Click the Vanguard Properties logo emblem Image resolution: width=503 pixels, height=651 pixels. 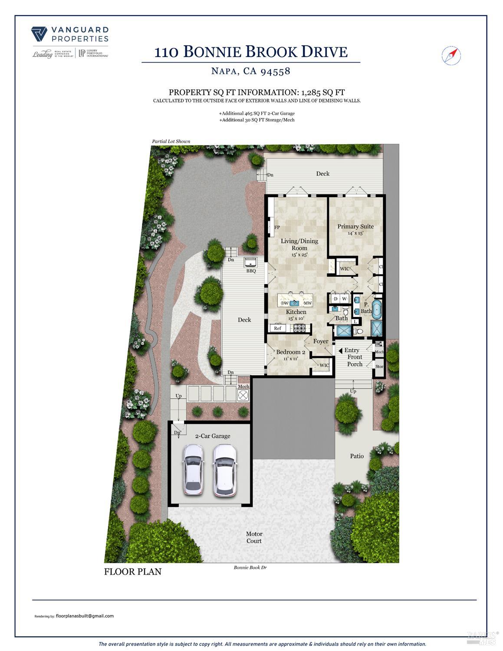39,34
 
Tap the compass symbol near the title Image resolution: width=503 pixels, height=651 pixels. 451,55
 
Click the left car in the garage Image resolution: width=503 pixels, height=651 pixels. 194,469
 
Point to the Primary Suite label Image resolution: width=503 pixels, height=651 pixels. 355,226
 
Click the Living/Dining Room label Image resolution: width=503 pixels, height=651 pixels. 299,245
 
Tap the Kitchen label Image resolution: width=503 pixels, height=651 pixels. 296,312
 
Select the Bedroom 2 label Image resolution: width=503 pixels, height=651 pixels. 291,352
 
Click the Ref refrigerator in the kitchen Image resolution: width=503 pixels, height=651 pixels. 278,328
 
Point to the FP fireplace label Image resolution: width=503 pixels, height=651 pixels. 276,227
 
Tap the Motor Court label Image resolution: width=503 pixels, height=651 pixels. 254,537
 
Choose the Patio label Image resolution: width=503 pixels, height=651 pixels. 357,456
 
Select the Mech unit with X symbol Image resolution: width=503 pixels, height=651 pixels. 243,395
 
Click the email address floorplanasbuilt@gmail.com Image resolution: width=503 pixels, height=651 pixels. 85,616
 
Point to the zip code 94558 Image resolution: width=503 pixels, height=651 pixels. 275,71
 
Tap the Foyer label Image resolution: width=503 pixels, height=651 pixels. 321,341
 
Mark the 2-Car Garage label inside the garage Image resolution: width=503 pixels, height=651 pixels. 213,436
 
